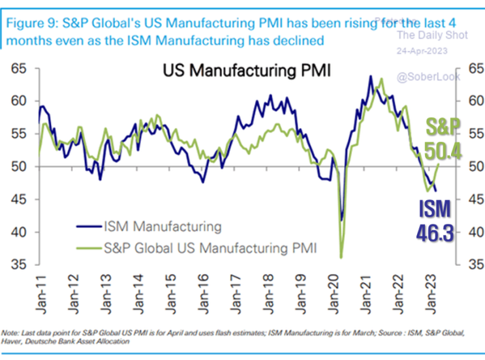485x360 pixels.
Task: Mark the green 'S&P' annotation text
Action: tap(444, 126)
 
